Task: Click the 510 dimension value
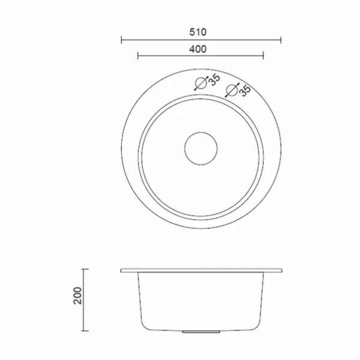coord(198,32)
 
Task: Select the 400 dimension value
coord(198,49)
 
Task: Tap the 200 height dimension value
coord(77,296)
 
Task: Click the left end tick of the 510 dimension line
coord(121,40)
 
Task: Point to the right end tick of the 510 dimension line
coord(281,40)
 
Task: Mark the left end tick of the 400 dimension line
coord(138,56)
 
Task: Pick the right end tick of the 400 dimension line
coord(263,56)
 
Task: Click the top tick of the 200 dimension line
coord(85,269)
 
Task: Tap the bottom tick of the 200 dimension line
coord(85,331)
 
